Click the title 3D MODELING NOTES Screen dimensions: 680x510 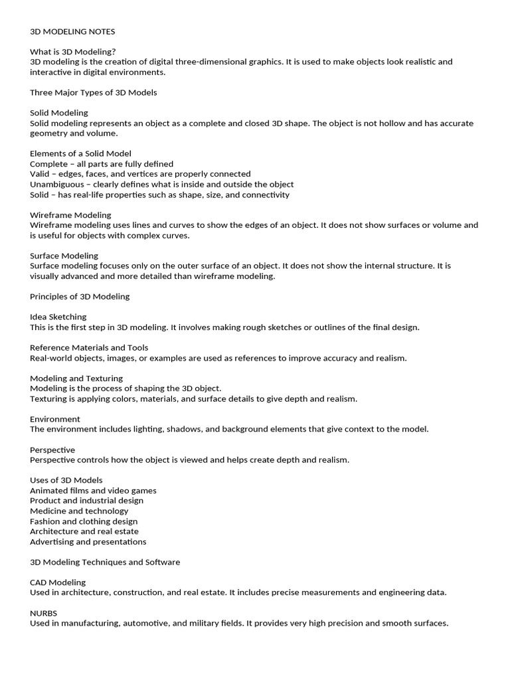[x=72, y=31]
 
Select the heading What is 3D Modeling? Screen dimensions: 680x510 [x=73, y=52]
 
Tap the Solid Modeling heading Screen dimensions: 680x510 [x=59, y=113]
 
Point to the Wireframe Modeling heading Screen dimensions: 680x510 [x=70, y=215]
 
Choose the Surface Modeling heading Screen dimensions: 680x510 [x=64, y=256]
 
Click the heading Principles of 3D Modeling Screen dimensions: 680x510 [x=80, y=296]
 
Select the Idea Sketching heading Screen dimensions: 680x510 [x=58, y=317]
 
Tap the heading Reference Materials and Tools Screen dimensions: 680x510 [x=89, y=348]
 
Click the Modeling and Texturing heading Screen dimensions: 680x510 [x=76, y=379]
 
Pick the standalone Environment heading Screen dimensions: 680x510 [x=55, y=419]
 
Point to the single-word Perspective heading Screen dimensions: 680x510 [x=52, y=450]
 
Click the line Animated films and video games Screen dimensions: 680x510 [x=93, y=491]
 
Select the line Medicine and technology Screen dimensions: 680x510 [x=79, y=511]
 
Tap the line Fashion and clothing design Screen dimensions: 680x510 [x=84, y=521]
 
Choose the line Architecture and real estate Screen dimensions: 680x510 [x=84, y=531]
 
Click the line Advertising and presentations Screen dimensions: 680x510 [x=88, y=542]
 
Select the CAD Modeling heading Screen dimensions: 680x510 [x=58, y=582]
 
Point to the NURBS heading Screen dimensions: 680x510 [x=44, y=613]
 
